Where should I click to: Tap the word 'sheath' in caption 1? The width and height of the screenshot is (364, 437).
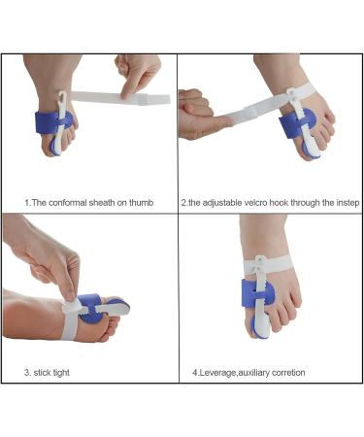(104, 202)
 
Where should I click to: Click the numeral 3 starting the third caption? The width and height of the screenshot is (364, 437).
(26, 371)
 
